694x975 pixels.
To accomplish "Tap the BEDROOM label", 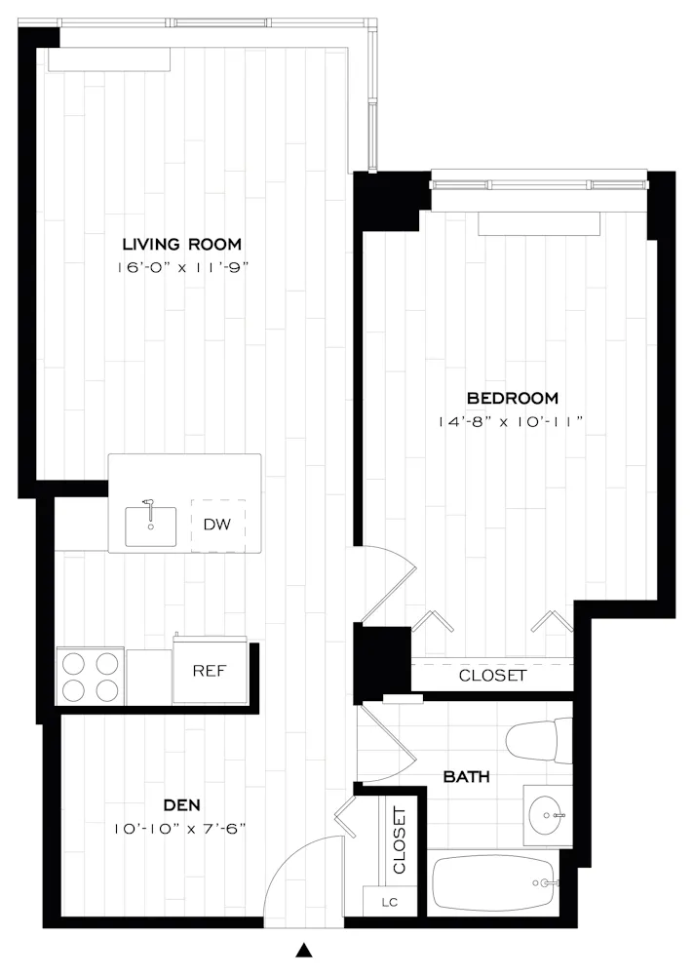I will pyautogui.click(x=512, y=398).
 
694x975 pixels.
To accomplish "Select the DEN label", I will pyautogui.click(x=181, y=805).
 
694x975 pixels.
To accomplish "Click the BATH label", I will pyautogui.click(x=466, y=777).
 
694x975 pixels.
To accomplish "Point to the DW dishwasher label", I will pyautogui.click(x=216, y=525).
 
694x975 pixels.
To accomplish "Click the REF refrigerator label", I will pyautogui.click(x=211, y=670).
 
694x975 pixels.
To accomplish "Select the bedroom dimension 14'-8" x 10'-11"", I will pyautogui.click(x=512, y=422).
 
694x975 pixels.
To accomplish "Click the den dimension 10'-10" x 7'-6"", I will pyautogui.click(x=180, y=829).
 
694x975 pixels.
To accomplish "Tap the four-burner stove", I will pyautogui.click(x=91, y=676).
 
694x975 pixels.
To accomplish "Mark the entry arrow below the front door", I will pyautogui.click(x=305, y=950).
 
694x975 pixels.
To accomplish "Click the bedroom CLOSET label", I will pyautogui.click(x=492, y=675).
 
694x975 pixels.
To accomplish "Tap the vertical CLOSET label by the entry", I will pyautogui.click(x=399, y=839).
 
